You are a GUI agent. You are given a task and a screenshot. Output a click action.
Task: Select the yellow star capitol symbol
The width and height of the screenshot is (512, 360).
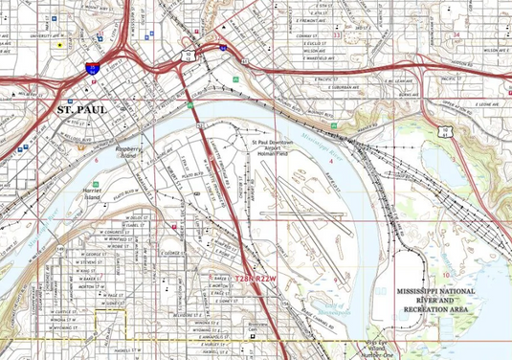pyautogui.click(x=60, y=44)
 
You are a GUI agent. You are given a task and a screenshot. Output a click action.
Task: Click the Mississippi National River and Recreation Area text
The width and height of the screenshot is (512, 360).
pyautogui.click(x=438, y=299)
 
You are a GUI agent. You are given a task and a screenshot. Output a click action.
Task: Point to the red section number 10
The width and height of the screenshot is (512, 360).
pyautogui.click(x=446, y=249)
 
